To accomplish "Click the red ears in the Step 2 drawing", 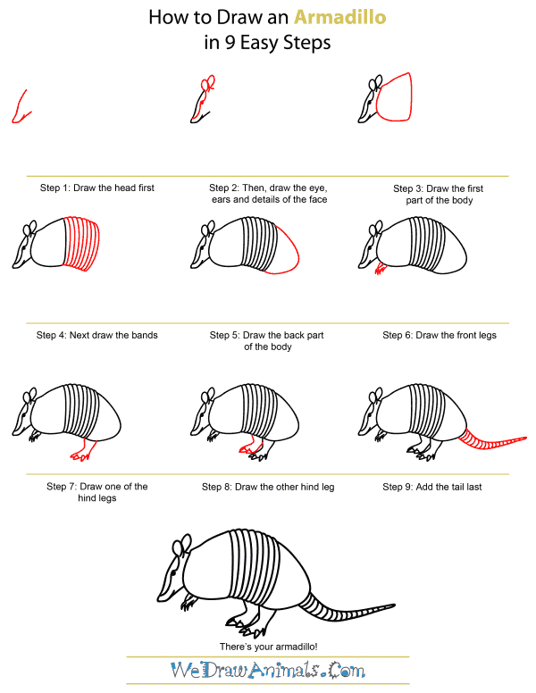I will pyautogui.click(x=209, y=85).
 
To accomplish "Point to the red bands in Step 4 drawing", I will pyautogui.click(x=81, y=241).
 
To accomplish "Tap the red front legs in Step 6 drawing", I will pyautogui.click(x=381, y=269).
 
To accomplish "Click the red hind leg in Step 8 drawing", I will pyautogui.click(x=245, y=448).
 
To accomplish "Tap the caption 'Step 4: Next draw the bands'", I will pyautogui.click(x=96, y=336).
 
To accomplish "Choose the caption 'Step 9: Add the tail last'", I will pyautogui.click(x=431, y=487).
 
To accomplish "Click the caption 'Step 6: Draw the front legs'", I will pyautogui.click(x=440, y=336).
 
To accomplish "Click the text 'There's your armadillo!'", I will pyautogui.click(x=268, y=645).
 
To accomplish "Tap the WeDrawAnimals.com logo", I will pyautogui.click(x=268, y=669).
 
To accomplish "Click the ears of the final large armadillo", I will pyautogui.click(x=183, y=545).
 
